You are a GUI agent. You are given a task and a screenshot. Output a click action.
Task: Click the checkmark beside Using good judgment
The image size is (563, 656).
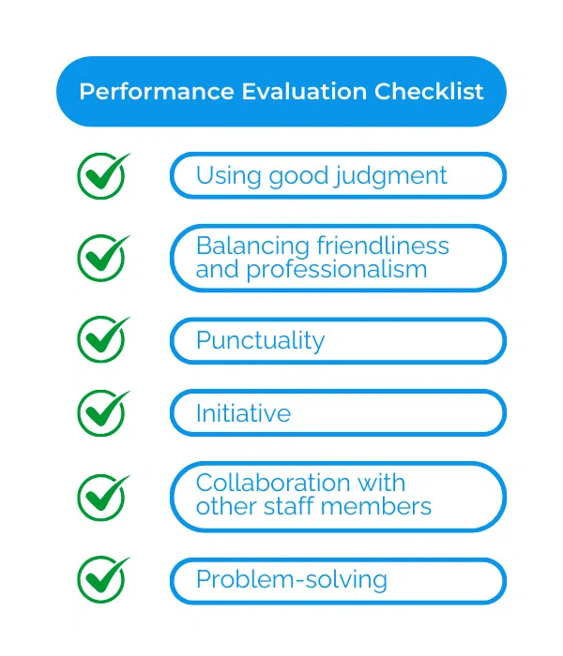[102, 175]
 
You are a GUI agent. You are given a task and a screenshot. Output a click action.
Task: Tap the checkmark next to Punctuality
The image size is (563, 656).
[102, 339]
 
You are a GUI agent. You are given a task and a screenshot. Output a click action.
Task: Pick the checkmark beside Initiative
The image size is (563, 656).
[102, 412]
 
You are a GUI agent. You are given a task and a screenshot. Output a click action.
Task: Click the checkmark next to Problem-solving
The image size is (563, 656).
[102, 579]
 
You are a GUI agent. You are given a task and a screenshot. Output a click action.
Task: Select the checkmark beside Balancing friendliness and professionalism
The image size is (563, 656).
[102, 258]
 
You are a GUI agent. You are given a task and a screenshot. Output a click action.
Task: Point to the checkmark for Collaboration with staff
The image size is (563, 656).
[102, 496]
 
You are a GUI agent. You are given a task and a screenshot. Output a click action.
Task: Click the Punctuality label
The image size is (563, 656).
[260, 340]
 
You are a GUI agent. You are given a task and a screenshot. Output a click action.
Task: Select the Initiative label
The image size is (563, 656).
[243, 413]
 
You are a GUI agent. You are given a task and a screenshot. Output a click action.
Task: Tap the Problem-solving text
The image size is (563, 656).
[291, 580]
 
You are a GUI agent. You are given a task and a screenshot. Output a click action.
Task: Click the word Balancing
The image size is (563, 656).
[252, 246]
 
